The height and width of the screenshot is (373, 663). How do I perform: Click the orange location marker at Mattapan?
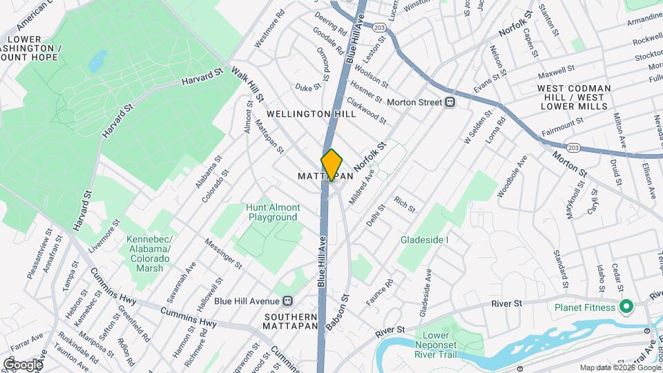coord(331,164)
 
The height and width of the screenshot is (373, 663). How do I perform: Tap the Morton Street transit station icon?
coord(450,102)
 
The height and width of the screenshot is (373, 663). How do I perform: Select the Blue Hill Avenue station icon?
coord(288,300)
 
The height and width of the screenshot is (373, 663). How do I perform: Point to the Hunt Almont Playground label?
coord(274,212)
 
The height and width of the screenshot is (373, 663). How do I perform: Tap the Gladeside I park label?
coord(425,240)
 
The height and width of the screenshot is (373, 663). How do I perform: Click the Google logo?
coord(23,364)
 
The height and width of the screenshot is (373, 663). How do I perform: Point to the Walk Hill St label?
coord(246,83)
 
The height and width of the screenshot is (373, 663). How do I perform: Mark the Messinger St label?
coord(224,254)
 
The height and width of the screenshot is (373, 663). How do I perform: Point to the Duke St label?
coord(309,87)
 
